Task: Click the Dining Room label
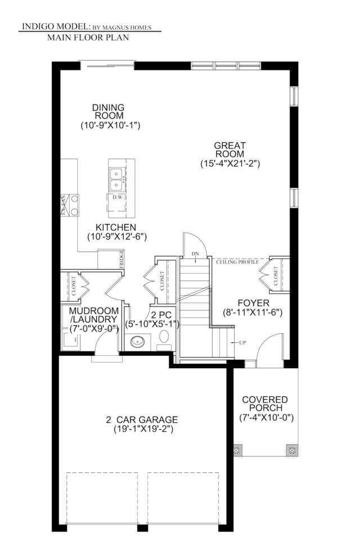(109, 111)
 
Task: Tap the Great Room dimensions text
(230, 164)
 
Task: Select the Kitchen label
(116, 227)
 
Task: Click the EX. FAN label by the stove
(63, 205)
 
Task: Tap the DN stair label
(195, 254)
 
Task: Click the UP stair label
(242, 342)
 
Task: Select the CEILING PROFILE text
(237, 262)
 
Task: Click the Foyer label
(253, 303)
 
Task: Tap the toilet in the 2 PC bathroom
(164, 337)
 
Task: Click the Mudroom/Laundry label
(93, 315)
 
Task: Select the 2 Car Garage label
(142, 420)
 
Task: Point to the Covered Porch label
(265, 404)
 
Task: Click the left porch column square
(237, 450)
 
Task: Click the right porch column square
(292, 450)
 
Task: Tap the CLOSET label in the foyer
(276, 276)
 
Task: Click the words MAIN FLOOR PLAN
(88, 38)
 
